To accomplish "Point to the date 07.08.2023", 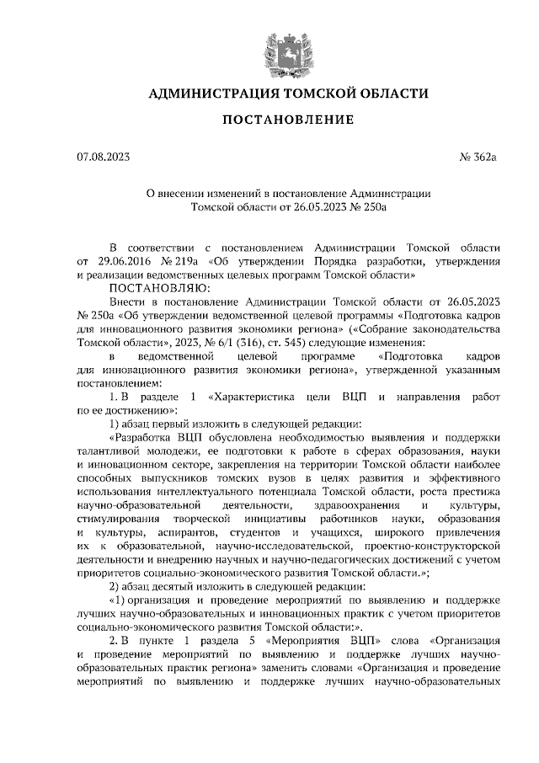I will pos(103,157).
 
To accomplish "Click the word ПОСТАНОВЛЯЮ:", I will pos(149,287).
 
